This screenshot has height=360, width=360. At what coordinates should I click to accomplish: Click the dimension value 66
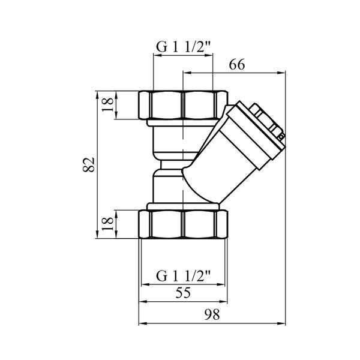pos(237,65)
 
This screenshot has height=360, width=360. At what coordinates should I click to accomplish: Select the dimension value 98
pos(212,314)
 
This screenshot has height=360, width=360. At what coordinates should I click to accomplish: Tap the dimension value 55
pos(183,293)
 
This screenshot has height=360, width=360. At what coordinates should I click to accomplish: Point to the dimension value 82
pos(89,164)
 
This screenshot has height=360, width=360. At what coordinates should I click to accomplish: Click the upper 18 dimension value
pos(108,104)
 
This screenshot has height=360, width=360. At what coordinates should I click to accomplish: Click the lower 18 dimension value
pos(108,224)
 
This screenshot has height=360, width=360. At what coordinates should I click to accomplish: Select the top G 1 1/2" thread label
pos(183,47)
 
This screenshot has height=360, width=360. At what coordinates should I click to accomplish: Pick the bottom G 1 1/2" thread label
pos(183,276)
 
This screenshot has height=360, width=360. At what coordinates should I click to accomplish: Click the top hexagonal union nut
pos(183,105)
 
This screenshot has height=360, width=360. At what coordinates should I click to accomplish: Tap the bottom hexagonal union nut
pos(183,224)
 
